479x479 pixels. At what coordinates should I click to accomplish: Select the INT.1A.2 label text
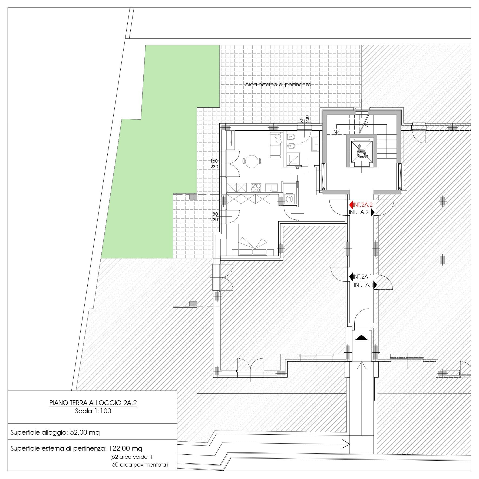click(x=359, y=212)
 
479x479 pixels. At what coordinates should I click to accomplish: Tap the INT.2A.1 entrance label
click(x=362, y=277)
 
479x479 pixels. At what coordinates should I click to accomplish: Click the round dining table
click(x=252, y=161)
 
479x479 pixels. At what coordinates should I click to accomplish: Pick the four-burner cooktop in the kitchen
click(x=256, y=187)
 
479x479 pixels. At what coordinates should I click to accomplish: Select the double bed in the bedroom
click(x=253, y=239)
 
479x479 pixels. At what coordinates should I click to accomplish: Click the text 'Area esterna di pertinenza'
click(x=278, y=84)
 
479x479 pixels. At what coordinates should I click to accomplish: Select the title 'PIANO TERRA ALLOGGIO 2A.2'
click(x=93, y=403)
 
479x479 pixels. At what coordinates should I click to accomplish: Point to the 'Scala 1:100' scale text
click(x=93, y=411)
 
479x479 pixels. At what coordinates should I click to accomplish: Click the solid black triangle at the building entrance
click(x=361, y=338)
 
